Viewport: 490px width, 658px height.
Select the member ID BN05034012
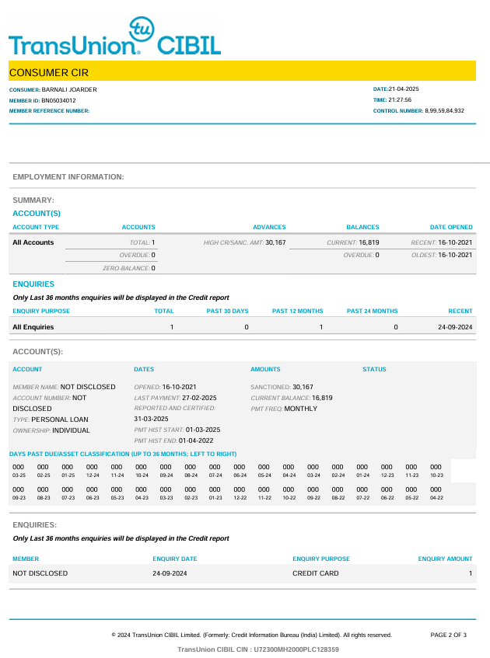(x=58, y=100)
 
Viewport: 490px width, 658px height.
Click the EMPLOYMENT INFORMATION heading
(x=68, y=177)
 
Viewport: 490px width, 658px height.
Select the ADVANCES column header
(x=269, y=227)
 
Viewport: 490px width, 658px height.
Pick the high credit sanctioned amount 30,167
(x=275, y=242)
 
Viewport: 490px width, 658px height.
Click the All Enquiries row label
(x=33, y=327)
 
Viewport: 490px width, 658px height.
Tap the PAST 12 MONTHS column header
(x=297, y=311)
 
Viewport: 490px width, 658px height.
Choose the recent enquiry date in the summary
(x=455, y=327)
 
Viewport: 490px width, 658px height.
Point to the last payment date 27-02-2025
(x=198, y=397)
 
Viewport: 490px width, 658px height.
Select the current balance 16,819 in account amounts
(x=322, y=397)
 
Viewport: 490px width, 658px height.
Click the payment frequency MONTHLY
(x=301, y=408)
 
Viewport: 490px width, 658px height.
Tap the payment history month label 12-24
(x=93, y=475)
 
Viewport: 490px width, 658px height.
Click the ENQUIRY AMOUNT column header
(x=445, y=559)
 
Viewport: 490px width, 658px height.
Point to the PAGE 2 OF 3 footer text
(x=449, y=635)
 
